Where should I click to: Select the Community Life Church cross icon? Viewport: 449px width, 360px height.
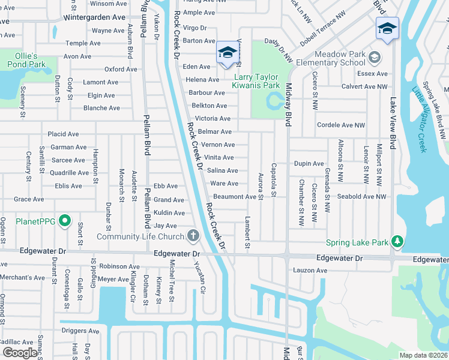click(x=193, y=235)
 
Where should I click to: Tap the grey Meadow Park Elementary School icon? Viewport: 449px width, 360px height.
click(x=375, y=58)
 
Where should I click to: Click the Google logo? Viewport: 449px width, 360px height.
click(x=20, y=352)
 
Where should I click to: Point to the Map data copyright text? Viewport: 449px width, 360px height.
click(x=423, y=355)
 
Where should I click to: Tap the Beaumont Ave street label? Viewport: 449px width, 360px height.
click(x=234, y=197)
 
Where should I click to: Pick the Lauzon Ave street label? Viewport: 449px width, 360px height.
click(x=310, y=271)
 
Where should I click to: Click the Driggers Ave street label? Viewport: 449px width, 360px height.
click(x=80, y=331)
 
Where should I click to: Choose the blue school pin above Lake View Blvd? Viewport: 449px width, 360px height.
click(x=387, y=28)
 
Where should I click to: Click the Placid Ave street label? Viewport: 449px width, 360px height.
click(x=64, y=134)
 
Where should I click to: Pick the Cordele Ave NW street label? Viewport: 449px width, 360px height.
click(x=341, y=125)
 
